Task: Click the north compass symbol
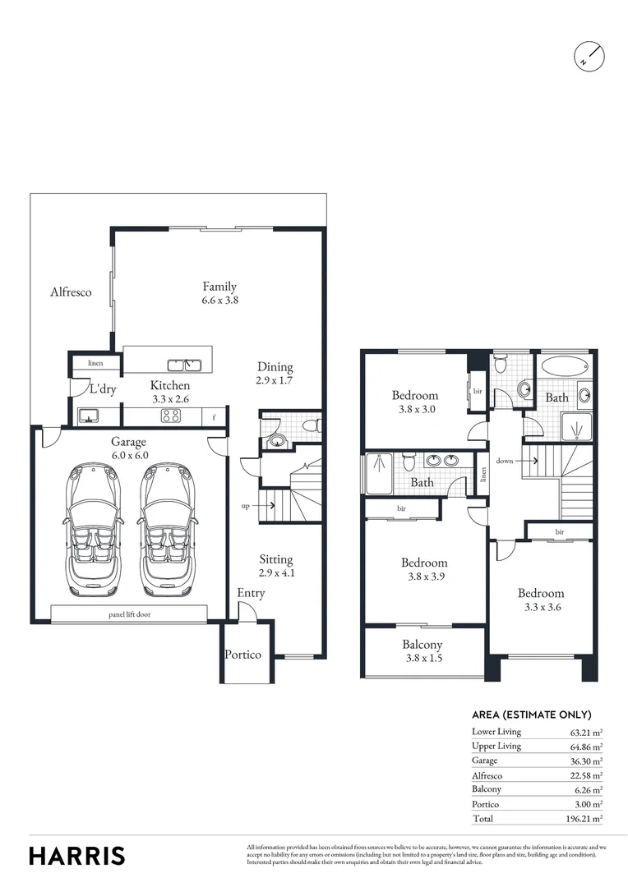[589, 55]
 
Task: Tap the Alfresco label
[71, 292]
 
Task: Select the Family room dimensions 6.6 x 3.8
[219, 301]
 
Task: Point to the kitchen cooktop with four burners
[170, 416]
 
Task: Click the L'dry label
[103, 389]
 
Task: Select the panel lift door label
[130, 614]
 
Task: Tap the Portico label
[243, 655]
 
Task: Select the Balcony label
[423, 645]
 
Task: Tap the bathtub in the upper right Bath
[564, 366]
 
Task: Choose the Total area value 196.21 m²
[585, 819]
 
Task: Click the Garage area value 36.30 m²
[586, 761]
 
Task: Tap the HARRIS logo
[77, 855]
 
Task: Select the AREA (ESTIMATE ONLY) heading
[531, 715]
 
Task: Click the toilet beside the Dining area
[311, 426]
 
